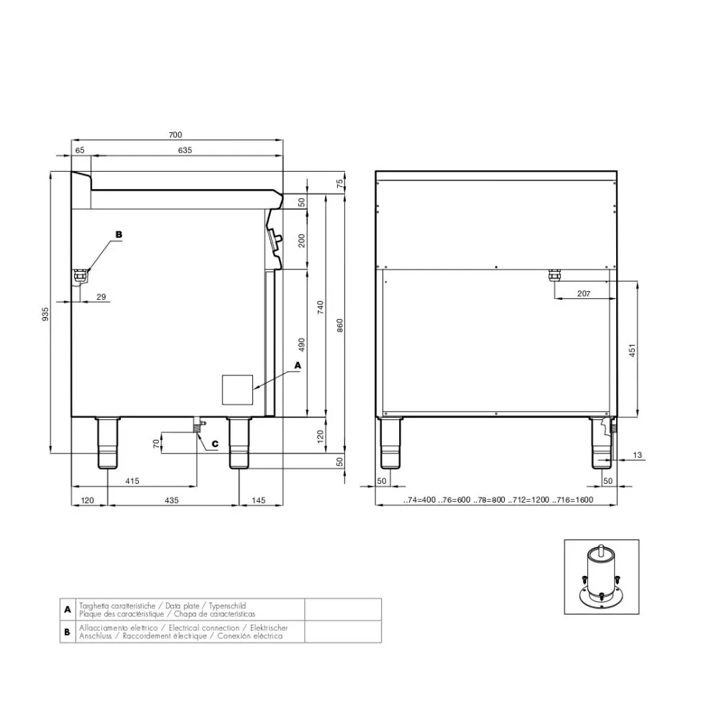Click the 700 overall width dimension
(176, 134)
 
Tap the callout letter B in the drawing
(119, 234)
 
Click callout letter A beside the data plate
(298, 365)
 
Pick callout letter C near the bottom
(214, 444)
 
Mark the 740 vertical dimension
(321, 308)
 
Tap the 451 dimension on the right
(633, 350)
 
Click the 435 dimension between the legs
(171, 499)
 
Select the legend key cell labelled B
(67, 632)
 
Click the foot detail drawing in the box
(601, 576)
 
